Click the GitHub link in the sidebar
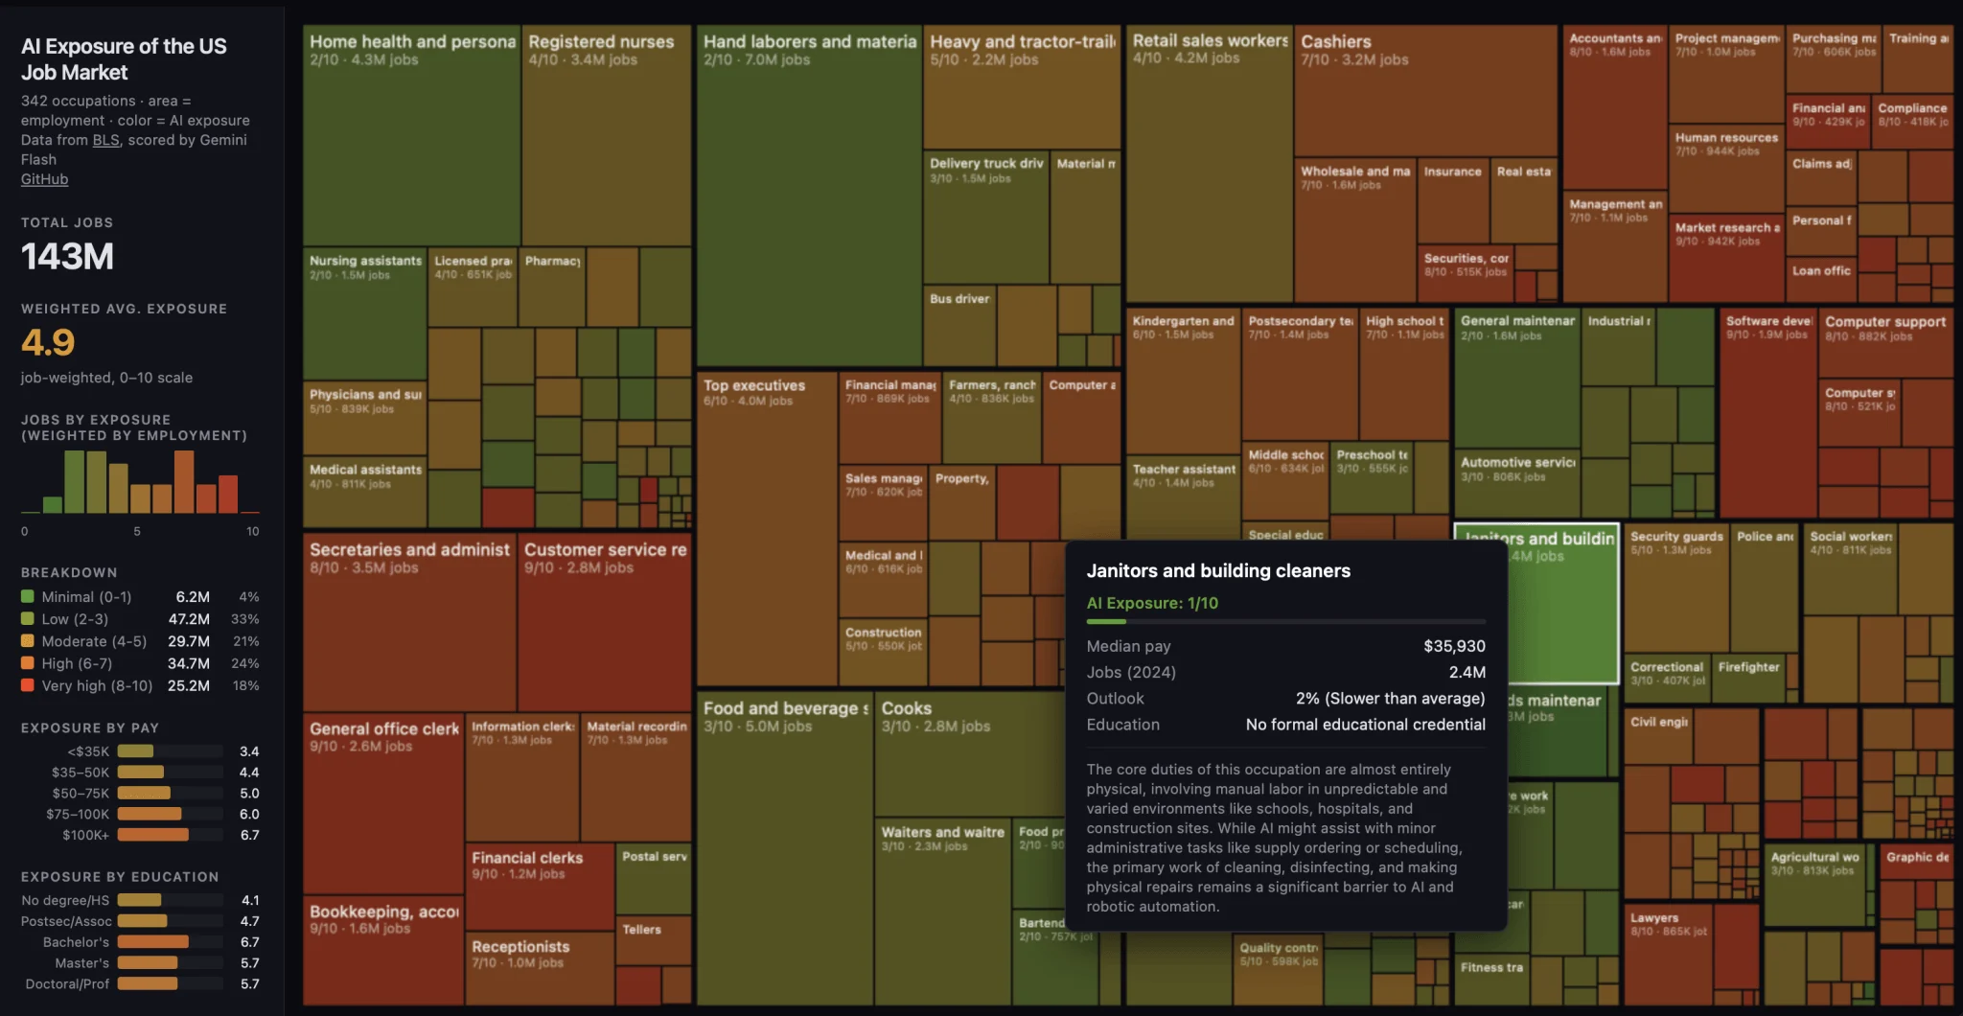click(x=44, y=179)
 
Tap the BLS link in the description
click(x=105, y=140)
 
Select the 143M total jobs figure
click(x=67, y=257)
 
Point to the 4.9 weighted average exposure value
click(x=48, y=342)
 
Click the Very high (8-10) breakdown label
click(x=97, y=685)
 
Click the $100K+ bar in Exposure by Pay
click(x=152, y=835)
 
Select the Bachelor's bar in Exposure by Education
click(x=152, y=942)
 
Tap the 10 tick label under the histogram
click(x=252, y=531)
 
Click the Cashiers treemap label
click(x=1335, y=41)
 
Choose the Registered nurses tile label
click(x=601, y=41)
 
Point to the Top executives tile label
click(x=754, y=385)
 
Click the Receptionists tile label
click(x=520, y=946)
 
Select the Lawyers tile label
click(x=1654, y=917)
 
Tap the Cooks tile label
click(x=906, y=708)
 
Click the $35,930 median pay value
click(x=1454, y=646)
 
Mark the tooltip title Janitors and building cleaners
click(x=1218, y=570)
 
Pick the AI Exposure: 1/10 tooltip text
click(x=1152, y=603)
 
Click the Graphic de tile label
click(x=1917, y=857)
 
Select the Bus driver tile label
click(x=958, y=299)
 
